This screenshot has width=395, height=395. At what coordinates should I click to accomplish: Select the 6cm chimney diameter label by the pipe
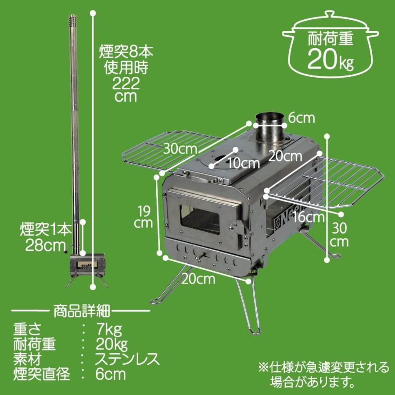pos(302,118)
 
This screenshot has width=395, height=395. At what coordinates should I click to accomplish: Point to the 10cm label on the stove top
pos(244,164)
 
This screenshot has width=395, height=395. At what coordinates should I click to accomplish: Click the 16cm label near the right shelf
pos(310,216)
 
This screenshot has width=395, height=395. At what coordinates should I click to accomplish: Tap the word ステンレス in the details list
pos(127,359)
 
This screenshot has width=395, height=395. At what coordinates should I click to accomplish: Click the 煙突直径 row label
pos(42,375)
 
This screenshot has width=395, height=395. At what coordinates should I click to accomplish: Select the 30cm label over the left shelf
pos(180,149)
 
